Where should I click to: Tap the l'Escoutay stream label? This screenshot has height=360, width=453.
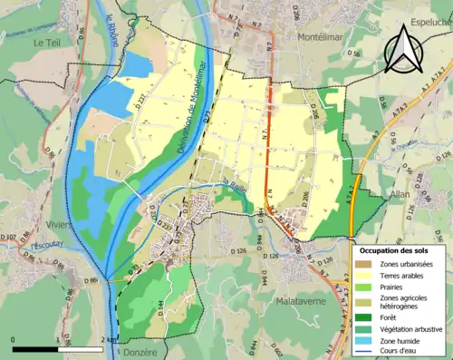coord(43,244)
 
